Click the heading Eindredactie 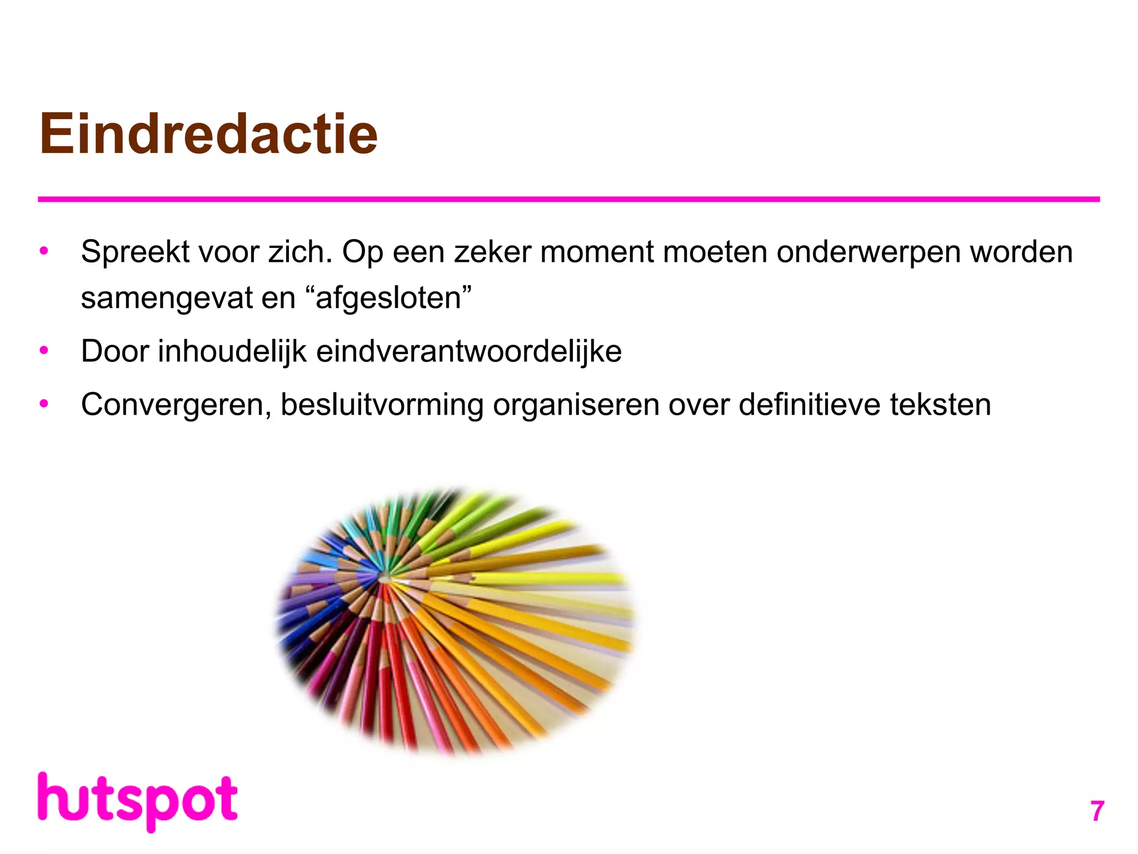(208, 134)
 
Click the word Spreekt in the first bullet (135, 252)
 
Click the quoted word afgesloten (388, 298)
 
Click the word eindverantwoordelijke (468, 351)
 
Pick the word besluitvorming (382, 405)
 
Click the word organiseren (576, 405)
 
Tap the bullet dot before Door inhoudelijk (44, 351)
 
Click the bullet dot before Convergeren (44, 404)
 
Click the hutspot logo (137, 801)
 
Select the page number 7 (1096, 811)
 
